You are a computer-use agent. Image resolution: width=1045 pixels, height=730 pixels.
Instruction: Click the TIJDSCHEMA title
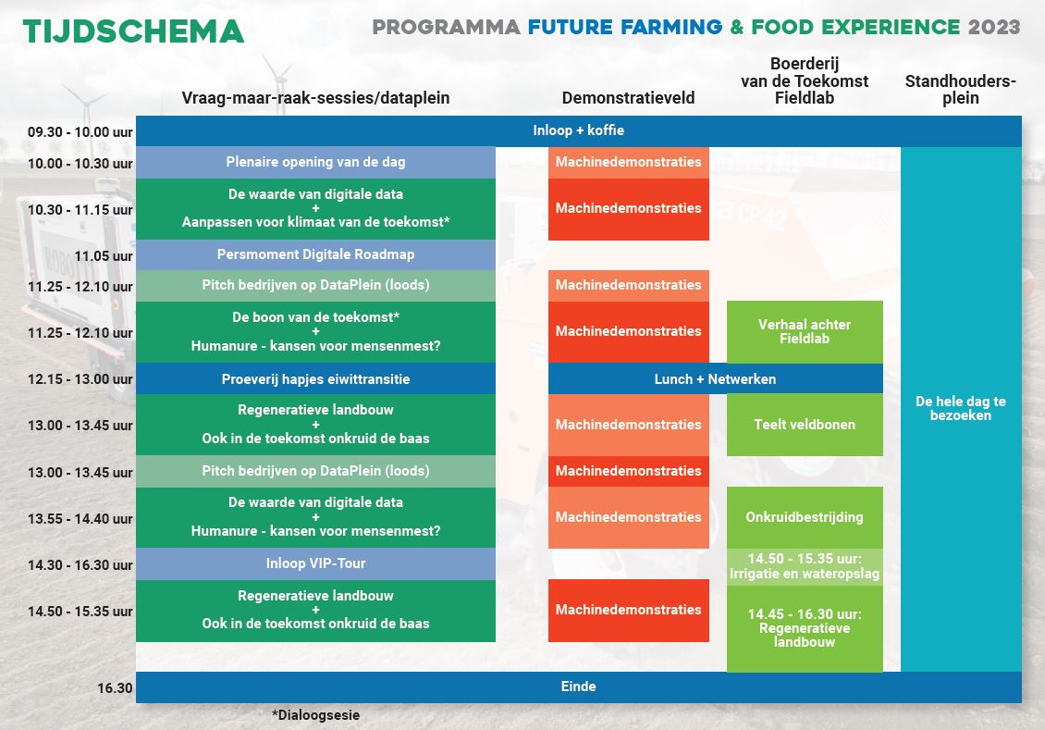coord(133,31)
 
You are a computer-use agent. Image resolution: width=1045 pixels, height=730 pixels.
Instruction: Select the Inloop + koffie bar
coord(579,130)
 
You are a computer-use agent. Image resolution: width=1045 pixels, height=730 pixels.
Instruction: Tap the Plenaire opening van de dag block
coord(316,162)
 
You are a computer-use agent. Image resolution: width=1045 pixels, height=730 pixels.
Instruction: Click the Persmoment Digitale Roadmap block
coord(316,254)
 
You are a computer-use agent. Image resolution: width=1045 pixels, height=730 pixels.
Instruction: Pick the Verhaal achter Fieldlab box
coord(805,331)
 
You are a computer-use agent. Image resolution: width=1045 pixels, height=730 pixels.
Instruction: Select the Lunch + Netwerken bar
coord(715,378)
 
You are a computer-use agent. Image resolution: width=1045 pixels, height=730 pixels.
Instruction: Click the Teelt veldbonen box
coord(805,425)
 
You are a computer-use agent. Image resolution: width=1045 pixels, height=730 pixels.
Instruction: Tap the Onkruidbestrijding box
coord(805,517)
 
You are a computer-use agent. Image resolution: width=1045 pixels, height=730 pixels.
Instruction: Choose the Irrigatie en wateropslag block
coord(805,566)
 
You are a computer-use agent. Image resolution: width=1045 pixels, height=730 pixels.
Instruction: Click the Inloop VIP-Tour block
coord(316,564)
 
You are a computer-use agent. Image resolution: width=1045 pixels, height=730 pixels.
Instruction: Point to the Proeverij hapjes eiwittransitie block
coord(316,378)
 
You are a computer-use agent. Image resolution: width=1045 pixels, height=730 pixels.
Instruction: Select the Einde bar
coord(579,687)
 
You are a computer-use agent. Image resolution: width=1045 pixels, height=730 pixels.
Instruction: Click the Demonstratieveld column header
coord(628,98)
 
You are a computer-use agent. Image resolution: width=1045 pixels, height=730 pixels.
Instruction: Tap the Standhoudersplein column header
coord(960,90)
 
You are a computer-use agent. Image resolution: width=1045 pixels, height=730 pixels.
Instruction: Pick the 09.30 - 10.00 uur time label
coord(80,132)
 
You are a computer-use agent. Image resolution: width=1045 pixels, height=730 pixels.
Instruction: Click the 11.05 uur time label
coord(104,256)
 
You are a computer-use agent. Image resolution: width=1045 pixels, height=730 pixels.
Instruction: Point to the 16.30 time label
coord(115,688)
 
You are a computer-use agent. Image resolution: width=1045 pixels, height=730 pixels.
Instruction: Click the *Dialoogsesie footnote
coord(316,715)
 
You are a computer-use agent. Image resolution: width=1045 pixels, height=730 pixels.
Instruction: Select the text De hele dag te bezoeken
coord(960,408)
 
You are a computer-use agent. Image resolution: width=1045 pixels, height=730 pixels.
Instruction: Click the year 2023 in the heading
coord(994,28)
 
